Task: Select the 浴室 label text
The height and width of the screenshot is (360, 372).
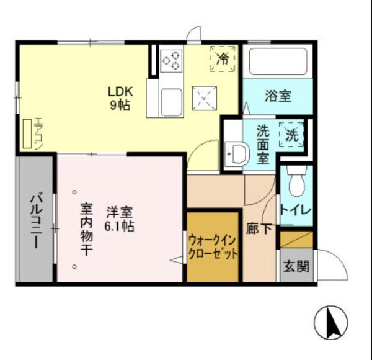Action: click(278, 96)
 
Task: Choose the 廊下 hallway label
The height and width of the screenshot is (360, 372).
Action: click(259, 228)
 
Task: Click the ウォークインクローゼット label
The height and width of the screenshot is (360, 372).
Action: click(213, 246)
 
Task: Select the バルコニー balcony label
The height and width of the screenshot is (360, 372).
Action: click(34, 220)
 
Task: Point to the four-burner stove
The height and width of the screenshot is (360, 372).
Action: click(172, 60)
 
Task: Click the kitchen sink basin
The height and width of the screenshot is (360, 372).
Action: click(171, 101)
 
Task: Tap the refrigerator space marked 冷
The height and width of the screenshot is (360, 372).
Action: click(223, 59)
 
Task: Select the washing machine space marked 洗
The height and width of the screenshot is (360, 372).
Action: click(291, 133)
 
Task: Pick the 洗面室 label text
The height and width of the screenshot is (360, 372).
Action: click(263, 144)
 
